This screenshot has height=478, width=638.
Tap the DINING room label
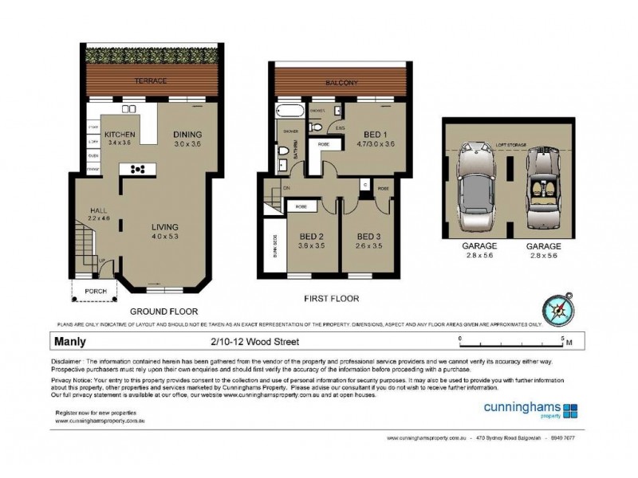[x=188, y=134]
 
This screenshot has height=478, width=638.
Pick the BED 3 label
[x=368, y=236]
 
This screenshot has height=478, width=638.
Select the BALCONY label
[x=341, y=82]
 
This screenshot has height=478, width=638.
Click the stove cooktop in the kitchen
[x=136, y=169]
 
